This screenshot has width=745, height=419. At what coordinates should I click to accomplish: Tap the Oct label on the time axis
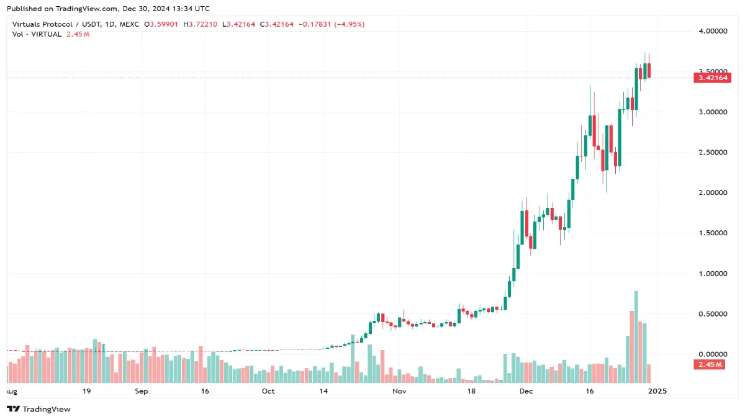268,392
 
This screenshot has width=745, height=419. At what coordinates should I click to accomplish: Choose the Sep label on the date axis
142,392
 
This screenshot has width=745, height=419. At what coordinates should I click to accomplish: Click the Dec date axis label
526,392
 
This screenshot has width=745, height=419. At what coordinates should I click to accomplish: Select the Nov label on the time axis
399,392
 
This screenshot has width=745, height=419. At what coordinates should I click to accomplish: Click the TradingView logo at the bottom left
38,409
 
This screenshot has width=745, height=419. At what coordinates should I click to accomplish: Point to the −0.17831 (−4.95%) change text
332,24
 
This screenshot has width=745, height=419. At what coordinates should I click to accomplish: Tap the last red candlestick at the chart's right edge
649,70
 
